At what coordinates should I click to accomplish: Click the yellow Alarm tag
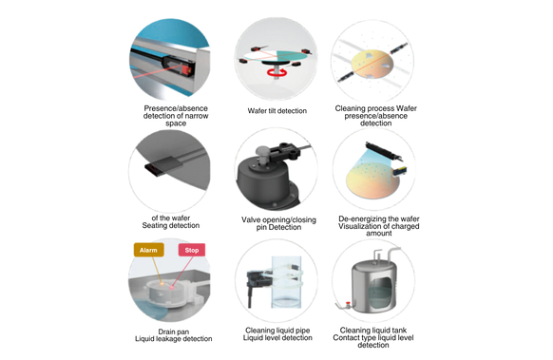click(x=148, y=250)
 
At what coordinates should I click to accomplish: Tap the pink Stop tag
click(x=192, y=250)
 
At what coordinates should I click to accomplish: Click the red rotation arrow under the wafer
click(x=276, y=72)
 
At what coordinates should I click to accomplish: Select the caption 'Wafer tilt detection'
click(x=276, y=111)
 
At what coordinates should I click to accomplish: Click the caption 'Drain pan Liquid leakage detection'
click(x=174, y=335)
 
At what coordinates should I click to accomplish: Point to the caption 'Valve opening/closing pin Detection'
click(x=278, y=223)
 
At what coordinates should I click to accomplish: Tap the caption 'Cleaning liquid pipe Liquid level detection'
click(x=277, y=334)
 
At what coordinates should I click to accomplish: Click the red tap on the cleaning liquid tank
click(x=348, y=303)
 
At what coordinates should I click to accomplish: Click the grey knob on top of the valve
click(x=263, y=152)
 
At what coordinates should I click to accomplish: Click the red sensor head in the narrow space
click(x=186, y=69)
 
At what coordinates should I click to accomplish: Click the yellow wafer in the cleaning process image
click(x=372, y=64)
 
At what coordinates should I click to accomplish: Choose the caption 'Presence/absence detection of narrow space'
click(x=176, y=116)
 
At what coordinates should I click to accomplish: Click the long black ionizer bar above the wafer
click(x=383, y=151)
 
